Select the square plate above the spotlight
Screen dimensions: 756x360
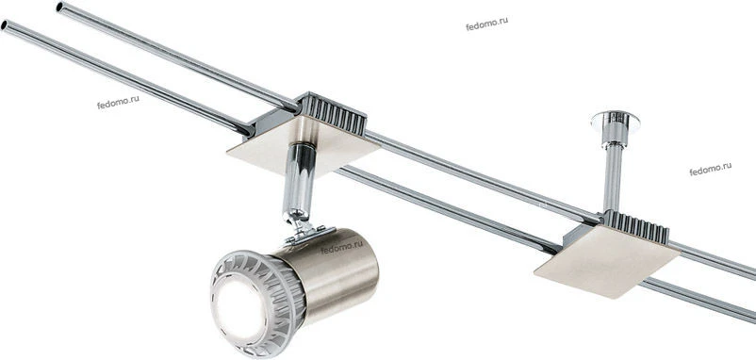point(304,145)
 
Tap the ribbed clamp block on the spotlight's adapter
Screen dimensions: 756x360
point(332,114)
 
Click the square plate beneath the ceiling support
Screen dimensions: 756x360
point(606,261)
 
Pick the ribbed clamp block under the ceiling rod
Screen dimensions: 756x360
point(634,227)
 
